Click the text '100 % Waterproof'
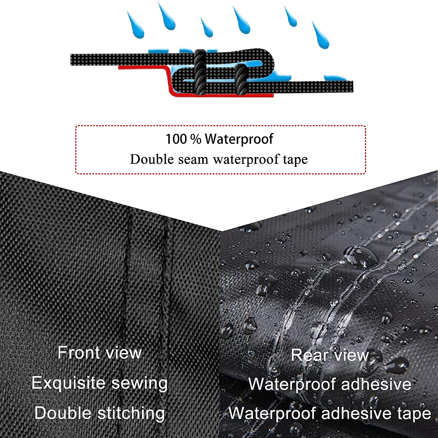(219, 139)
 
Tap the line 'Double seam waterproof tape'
(219, 160)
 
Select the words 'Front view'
(99, 353)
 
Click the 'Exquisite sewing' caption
(99, 383)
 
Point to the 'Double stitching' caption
(99, 413)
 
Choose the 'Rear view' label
(330, 355)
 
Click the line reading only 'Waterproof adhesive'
(330, 384)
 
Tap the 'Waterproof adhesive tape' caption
(330, 414)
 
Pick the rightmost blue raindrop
(321, 36)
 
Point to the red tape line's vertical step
(169, 82)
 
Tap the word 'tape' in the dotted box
(295, 160)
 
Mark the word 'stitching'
(131, 413)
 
